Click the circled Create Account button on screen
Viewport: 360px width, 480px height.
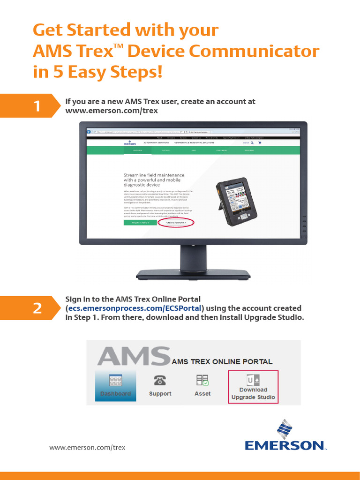click(176, 223)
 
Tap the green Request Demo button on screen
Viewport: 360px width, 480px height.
click(140, 223)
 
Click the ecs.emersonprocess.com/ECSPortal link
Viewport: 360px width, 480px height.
click(135, 308)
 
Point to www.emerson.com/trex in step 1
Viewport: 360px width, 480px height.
click(112, 111)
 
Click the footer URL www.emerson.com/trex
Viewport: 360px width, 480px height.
click(87, 447)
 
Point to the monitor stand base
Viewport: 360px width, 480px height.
click(193, 274)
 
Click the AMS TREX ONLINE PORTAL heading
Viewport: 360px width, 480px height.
click(222, 361)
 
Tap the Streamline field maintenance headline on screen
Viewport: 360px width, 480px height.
click(154, 180)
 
